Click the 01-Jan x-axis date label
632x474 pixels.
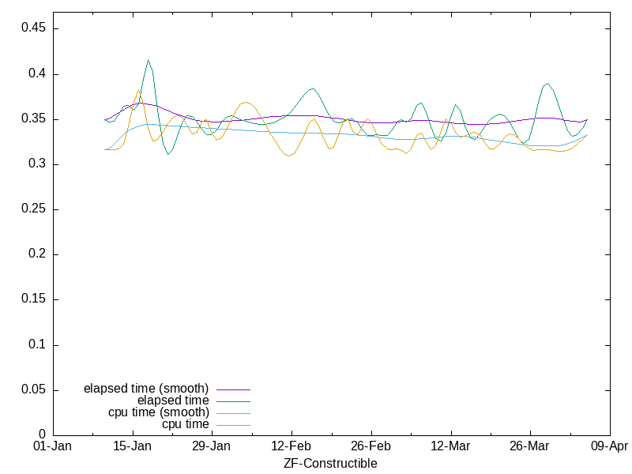[x=53, y=446]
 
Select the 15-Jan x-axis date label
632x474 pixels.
[x=133, y=446]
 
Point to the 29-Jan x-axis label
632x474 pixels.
[x=212, y=446]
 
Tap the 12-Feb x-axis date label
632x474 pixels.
[x=292, y=446]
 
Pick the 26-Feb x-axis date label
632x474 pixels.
[x=371, y=446]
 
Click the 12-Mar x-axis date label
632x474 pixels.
[x=450, y=446]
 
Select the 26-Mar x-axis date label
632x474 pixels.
[x=530, y=446]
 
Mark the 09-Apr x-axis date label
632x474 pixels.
[x=609, y=446]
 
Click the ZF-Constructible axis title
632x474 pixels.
[x=330, y=464]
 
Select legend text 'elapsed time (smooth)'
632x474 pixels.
[x=146, y=389]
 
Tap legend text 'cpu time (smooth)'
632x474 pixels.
[x=159, y=412]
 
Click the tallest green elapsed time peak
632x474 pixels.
[x=148, y=60]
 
